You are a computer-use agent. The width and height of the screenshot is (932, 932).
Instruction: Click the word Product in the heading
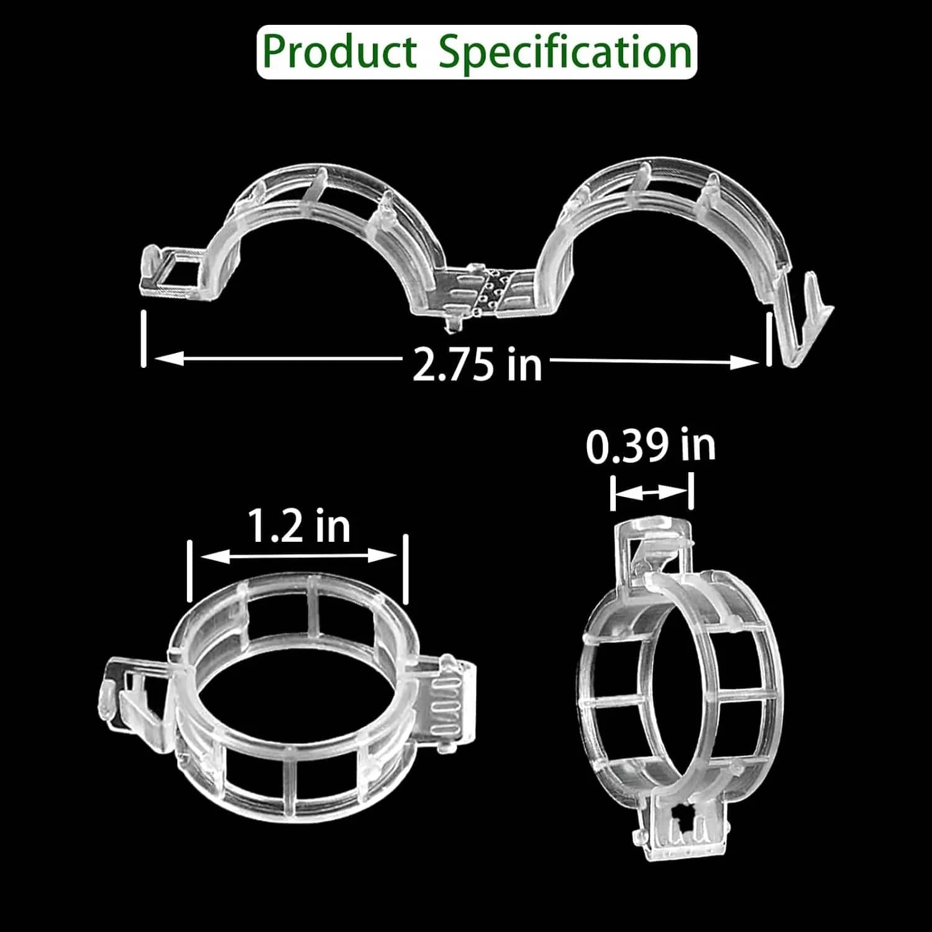click(x=340, y=52)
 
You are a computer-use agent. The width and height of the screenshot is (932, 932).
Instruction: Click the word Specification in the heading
click(x=565, y=53)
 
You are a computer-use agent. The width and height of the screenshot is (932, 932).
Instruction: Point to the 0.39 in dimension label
click(x=651, y=445)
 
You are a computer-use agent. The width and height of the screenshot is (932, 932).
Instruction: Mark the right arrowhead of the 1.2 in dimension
click(x=382, y=555)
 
